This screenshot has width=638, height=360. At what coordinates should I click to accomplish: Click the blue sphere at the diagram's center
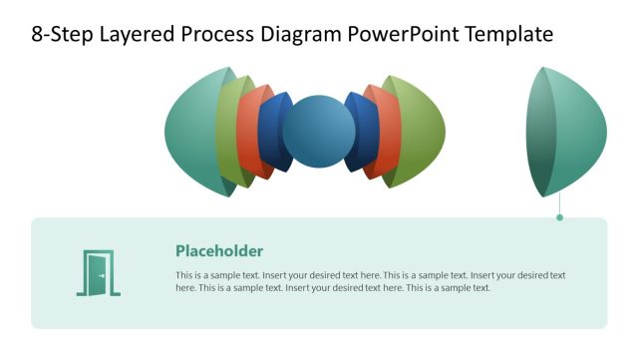pos(319,132)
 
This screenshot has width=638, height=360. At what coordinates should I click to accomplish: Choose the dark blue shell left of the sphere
pos(271,132)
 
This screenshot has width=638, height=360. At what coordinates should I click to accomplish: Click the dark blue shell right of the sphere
pos(365,132)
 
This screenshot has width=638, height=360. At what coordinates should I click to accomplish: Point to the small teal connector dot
pos(559,216)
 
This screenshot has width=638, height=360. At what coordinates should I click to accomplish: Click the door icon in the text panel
pos(98,273)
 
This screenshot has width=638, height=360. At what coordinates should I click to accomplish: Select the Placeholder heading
pos(219,251)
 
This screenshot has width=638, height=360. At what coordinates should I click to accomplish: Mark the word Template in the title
pos(504,35)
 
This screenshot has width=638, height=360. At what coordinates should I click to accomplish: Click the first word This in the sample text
pos(184,275)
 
